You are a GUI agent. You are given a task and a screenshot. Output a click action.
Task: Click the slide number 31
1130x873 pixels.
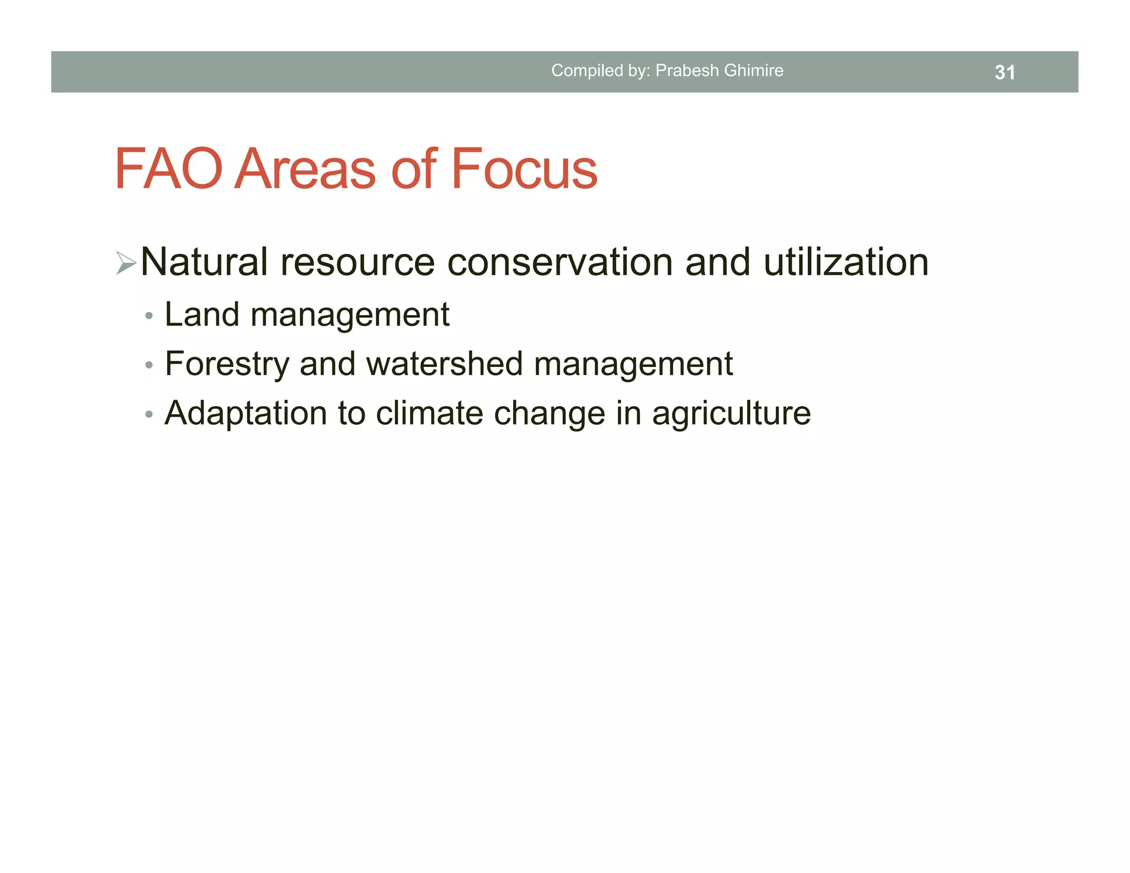click(x=1004, y=72)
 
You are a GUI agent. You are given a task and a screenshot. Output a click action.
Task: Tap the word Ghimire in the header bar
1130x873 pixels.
click(x=754, y=71)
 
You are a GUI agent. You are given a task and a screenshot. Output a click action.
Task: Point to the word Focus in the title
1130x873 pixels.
click(x=524, y=169)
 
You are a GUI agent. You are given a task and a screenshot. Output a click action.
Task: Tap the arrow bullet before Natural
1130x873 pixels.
click(x=126, y=262)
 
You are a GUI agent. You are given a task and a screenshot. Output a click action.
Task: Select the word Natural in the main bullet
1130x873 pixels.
click(x=204, y=262)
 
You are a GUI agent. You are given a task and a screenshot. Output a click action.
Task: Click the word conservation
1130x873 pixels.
click(x=559, y=262)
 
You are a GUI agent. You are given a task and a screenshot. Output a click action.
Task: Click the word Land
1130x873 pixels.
click(x=201, y=315)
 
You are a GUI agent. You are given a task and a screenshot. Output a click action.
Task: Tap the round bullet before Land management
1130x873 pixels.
click(x=148, y=317)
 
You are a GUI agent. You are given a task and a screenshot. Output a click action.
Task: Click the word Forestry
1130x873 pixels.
click(x=227, y=364)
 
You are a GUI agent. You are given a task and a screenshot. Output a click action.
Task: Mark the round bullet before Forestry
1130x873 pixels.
click(x=148, y=366)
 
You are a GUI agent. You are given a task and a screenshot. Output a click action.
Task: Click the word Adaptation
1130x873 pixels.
click(x=246, y=413)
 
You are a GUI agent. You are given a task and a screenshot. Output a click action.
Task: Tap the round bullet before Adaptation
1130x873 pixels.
click(x=148, y=415)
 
